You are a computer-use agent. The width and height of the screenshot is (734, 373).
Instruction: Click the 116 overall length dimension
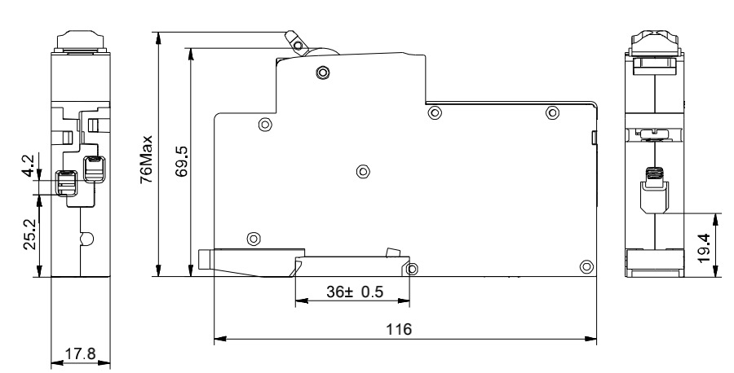399,329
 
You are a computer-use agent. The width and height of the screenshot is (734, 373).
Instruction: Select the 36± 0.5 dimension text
355,292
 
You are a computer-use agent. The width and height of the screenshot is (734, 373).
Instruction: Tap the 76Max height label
147,160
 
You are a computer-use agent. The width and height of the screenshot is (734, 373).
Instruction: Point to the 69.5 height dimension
182,161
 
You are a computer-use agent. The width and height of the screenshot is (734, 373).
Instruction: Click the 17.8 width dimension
80,353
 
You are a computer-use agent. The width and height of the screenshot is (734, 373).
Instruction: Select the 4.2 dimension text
28,166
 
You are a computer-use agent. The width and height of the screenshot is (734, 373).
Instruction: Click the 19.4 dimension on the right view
704,248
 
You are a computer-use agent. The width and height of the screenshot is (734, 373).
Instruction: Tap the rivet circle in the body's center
363,172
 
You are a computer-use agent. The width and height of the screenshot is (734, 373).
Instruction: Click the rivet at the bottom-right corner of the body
586,267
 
